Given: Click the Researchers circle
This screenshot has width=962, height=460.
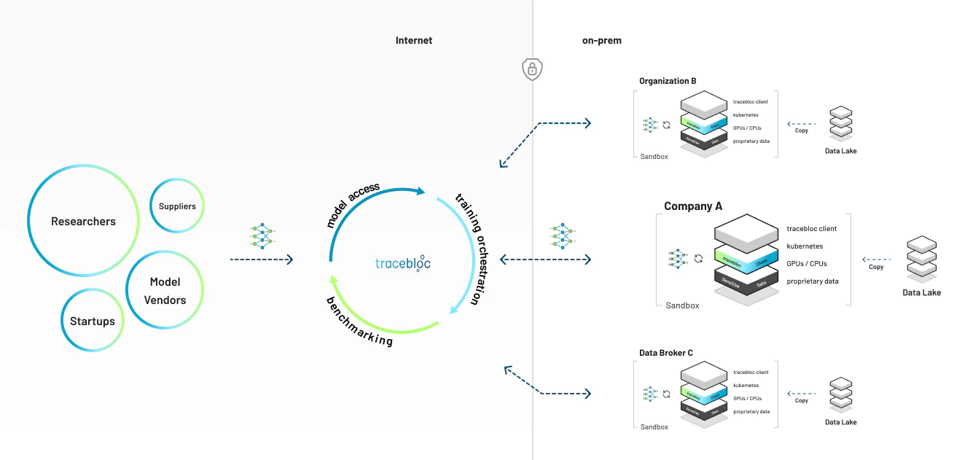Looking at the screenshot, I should click(x=83, y=222).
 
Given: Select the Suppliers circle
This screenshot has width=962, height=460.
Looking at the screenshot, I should click(x=177, y=206).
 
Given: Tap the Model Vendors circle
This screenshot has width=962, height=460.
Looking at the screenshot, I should click(x=165, y=291).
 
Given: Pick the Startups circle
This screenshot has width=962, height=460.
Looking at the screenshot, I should click(x=92, y=321).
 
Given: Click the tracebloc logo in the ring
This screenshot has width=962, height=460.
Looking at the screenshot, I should click(x=402, y=263).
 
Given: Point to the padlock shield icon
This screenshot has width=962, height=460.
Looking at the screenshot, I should click(x=533, y=69).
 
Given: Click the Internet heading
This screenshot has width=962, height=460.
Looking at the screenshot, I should click(x=413, y=41).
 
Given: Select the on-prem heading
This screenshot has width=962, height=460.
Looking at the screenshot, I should click(x=601, y=41).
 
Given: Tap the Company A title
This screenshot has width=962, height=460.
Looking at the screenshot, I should click(x=692, y=206).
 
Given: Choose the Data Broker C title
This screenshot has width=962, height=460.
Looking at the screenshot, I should click(x=665, y=353).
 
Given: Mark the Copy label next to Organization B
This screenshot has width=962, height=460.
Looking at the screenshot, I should click(x=802, y=130).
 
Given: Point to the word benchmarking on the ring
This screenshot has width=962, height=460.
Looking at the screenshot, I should click(x=359, y=321).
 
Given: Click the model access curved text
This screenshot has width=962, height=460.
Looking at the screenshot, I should click(x=353, y=205).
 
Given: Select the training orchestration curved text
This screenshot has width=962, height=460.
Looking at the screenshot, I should click(x=469, y=249).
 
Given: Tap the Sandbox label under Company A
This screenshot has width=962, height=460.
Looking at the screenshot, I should click(x=682, y=305).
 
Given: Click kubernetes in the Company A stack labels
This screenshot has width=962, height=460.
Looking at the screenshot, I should click(x=805, y=246).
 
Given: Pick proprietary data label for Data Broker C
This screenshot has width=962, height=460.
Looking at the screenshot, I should click(x=751, y=412).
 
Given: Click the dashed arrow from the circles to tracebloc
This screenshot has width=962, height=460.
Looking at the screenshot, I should click(x=261, y=260).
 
